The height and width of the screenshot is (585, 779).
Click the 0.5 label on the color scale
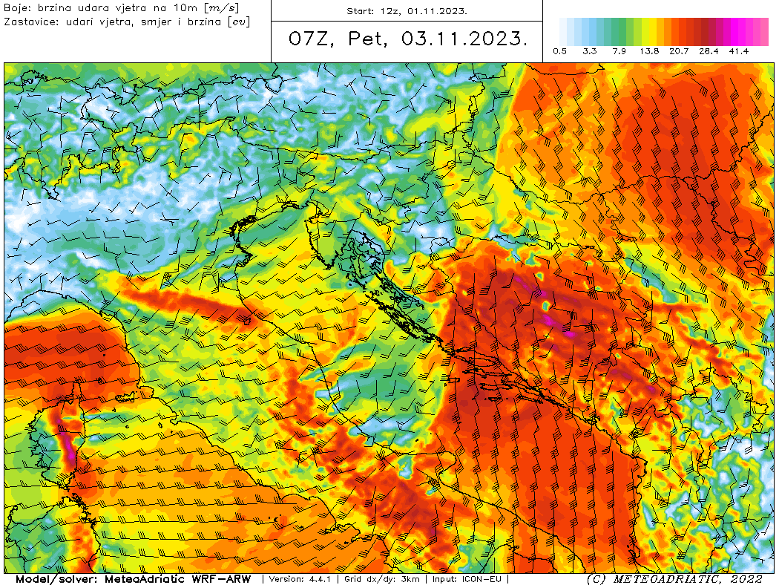coord(560,51)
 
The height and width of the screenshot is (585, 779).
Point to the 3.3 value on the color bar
coord(590,51)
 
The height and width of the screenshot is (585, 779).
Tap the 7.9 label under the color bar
coord(619,51)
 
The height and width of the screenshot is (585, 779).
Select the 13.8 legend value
coord(650,51)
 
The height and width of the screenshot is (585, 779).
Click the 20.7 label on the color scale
coord(680,51)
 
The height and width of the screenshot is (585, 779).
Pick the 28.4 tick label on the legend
coord(709,51)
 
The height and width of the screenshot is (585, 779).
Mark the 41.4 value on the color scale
coord(738,51)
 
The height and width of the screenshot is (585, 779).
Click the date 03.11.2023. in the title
coord(464,39)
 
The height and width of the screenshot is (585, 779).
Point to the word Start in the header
coord(361,12)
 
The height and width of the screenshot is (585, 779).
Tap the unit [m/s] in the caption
coord(221,7)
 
